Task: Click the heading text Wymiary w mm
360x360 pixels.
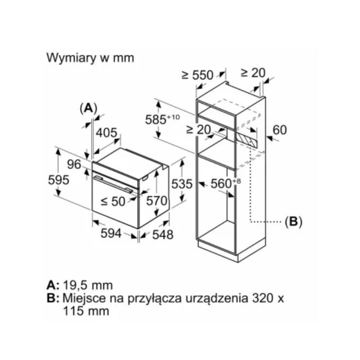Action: pyautogui.click(x=90, y=58)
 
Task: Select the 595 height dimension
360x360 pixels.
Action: pyautogui.click(x=58, y=180)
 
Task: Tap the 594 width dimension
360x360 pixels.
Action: pyautogui.click(x=111, y=234)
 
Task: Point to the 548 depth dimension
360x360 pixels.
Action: pyautogui.click(x=162, y=234)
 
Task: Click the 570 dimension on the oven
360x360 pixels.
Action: pyautogui.click(x=157, y=201)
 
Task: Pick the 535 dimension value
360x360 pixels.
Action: pyautogui.click(x=182, y=184)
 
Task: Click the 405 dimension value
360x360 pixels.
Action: pyautogui.click(x=107, y=133)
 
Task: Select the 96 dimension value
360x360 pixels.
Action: pyautogui.click(x=74, y=164)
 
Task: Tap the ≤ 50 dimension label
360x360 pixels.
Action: pyautogui.click(x=113, y=201)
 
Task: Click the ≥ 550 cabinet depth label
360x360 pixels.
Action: pyautogui.click(x=198, y=75)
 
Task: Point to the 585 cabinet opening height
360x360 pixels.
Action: pyautogui.click(x=162, y=120)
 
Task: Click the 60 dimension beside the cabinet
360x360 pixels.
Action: pyautogui.click(x=280, y=130)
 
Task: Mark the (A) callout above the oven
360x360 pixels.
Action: pyautogui.click(x=89, y=108)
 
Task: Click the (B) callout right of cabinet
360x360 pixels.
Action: pyautogui.click(x=293, y=221)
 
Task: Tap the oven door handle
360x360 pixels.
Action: pyautogui.click(x=113, y=184)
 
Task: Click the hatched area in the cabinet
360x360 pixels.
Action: pyautogui.click(x=247, y=140)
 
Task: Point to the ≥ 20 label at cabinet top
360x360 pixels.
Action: pyautogui.click(x=253, y=73)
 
